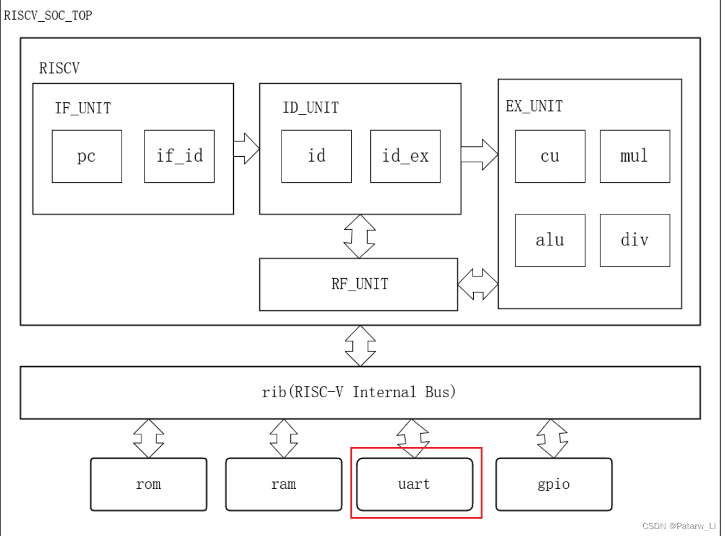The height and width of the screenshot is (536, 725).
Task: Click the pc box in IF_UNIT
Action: pyautogui.click(x=87, y=156)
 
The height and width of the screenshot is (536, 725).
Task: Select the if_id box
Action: pyautogui.click(x=179, y=156)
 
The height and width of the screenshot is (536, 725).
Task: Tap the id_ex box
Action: pyautogui.click(x=405, y=156)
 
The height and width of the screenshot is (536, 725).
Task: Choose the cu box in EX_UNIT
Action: pyautogui.click(x=549, y=156)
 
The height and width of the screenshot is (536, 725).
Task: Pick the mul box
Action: pyautogui.click(x=634, y=156)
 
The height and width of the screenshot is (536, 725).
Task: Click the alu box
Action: pyautogui.click(x=549, y=240)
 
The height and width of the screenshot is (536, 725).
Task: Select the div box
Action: pyautogui.click(x=634, y=240)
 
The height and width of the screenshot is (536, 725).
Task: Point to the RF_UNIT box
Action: pyautogui.click(x=358, y=284)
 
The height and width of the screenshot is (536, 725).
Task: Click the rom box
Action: pyautogui.click(x=149, y=484)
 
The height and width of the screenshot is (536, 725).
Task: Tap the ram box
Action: pyautogui.click(x=283, y=484)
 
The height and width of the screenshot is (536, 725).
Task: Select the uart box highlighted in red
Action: pyautogui.click(x=415, y=484)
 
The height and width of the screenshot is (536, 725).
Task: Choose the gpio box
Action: pyautogui.click(x=554, y=484)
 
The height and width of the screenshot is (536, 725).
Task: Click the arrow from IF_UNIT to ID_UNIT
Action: pyautogui.click(x=246, y=149)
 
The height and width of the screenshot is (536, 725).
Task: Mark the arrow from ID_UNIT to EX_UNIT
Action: pyautogui.click(x=479, y=154)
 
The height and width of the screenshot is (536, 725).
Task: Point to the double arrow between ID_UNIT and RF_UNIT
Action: pyautogui.click(x=360, y=236)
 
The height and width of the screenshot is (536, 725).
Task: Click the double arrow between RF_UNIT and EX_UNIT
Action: pyautogui.click(x=478, y=284)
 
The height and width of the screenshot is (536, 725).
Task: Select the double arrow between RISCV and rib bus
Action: pyautogui.click(x=360, y=346)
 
